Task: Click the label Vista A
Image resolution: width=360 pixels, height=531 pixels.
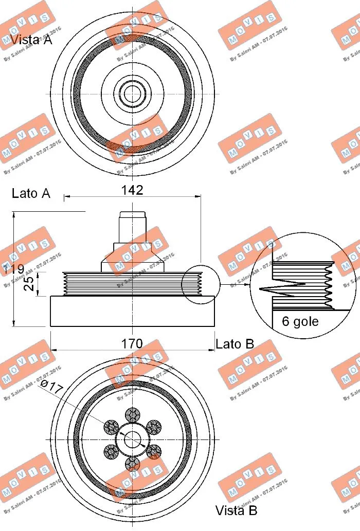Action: pos(31,40)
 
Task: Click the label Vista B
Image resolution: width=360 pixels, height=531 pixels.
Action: pos(236,510)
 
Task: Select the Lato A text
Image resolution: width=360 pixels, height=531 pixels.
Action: pos(31,194)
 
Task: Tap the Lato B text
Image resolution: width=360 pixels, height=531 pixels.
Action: pos(235,344)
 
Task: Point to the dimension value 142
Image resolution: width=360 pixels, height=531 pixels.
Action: pos(132,190)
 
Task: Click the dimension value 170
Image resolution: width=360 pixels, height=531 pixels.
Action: pos(132,343)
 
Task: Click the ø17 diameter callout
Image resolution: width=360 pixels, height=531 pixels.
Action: pos(51,387)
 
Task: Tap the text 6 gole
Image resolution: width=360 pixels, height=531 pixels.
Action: pos(300,322)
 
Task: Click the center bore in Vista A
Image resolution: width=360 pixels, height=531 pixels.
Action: pos(133,93)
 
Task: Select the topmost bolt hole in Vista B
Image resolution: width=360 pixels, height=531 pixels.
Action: pos(133,413)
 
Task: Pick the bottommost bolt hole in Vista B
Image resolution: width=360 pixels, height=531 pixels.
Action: pos(133,464)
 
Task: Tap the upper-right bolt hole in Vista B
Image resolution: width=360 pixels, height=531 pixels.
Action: pos(154,426)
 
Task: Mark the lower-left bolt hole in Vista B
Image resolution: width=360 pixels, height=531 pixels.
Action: pos(111,452)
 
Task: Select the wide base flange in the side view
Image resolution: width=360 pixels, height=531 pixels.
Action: pos(133,311)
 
